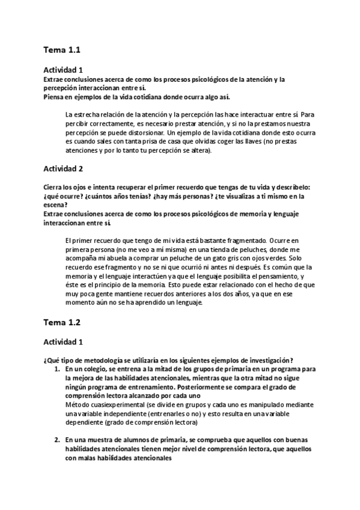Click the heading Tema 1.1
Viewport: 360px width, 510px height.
click(x=62, y=49)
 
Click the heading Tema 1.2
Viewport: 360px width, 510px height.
click(x=62, y=322)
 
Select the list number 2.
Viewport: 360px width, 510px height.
click(x=58, y=440)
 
